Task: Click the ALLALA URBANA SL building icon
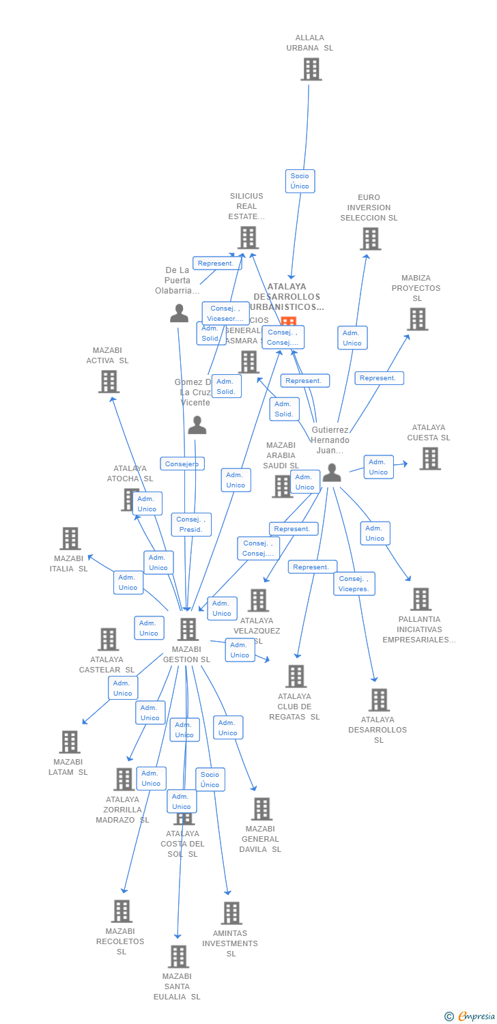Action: pyautogui.click(x=311, y=69)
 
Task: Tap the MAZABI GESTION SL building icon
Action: pyautogui.click(x=188, y=629)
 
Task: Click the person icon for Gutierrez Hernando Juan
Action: pyautogui.click(x=332, y=472)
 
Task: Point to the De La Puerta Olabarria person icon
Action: pyautogui.click(x=179, y=313)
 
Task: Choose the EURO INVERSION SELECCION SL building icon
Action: pyautogui.click(x=370, y=238)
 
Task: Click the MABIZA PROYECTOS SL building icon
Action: pyautogui.click(x=417, y=319)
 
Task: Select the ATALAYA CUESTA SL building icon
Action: pyautogui.click(x=429, y=459)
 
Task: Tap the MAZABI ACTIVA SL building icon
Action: pyautogui.click(x=109, y=382)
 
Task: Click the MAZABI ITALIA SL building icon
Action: pyautogui.click(x=70, y=539)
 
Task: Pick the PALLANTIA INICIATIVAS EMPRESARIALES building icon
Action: pyautogui.click(x=421, y=599)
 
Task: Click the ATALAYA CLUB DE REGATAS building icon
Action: pyautogui.click(x=296, y=677)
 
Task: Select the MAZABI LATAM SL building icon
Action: pyautogui.click(x=70, y=742)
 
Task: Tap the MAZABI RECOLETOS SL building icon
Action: pyautogui.click(x=122, y=911)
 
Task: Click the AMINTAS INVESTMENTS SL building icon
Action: pyautogui.click(x=231, y=913)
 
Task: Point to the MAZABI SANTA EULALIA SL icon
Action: pyautogui.click(x=178, y=956)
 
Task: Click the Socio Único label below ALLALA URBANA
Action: pyautogui.click(x=300, y=181)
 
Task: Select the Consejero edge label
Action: pyautogui.click(x=182, y=464)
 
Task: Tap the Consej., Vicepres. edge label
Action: pyautogui.click(x=354, y=584)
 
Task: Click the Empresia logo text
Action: pyautogui.click(x=476, y=1016)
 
